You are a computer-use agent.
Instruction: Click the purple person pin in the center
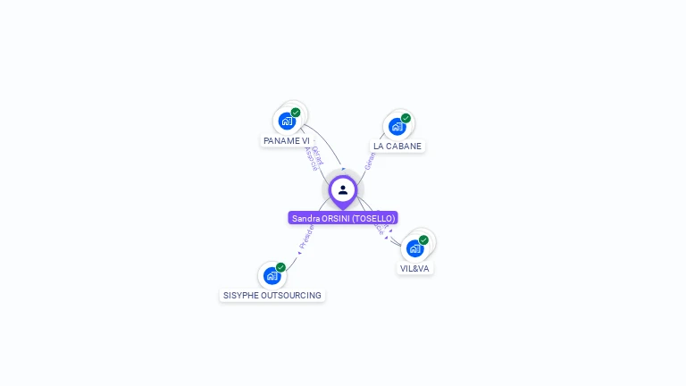343,189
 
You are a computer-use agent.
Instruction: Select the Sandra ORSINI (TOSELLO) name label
343,218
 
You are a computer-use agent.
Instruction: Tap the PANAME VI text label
287,141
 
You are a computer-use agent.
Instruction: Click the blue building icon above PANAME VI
287,121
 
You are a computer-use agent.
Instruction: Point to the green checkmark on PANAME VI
296,113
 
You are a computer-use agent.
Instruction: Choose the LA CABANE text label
397,146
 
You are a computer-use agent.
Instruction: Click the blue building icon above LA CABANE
397,126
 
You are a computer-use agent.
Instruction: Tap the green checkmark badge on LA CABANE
406,118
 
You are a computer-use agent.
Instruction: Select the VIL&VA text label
414,268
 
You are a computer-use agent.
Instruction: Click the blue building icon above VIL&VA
414,248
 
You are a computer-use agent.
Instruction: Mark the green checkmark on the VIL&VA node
423,239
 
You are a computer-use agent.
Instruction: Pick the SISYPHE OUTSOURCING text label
272,295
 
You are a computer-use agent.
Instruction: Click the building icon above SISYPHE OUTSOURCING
272,275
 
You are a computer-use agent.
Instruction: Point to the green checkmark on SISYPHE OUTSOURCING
280,267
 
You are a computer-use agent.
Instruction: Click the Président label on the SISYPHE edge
305,237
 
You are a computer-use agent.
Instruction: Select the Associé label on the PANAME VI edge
310,158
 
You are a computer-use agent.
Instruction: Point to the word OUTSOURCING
292,295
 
